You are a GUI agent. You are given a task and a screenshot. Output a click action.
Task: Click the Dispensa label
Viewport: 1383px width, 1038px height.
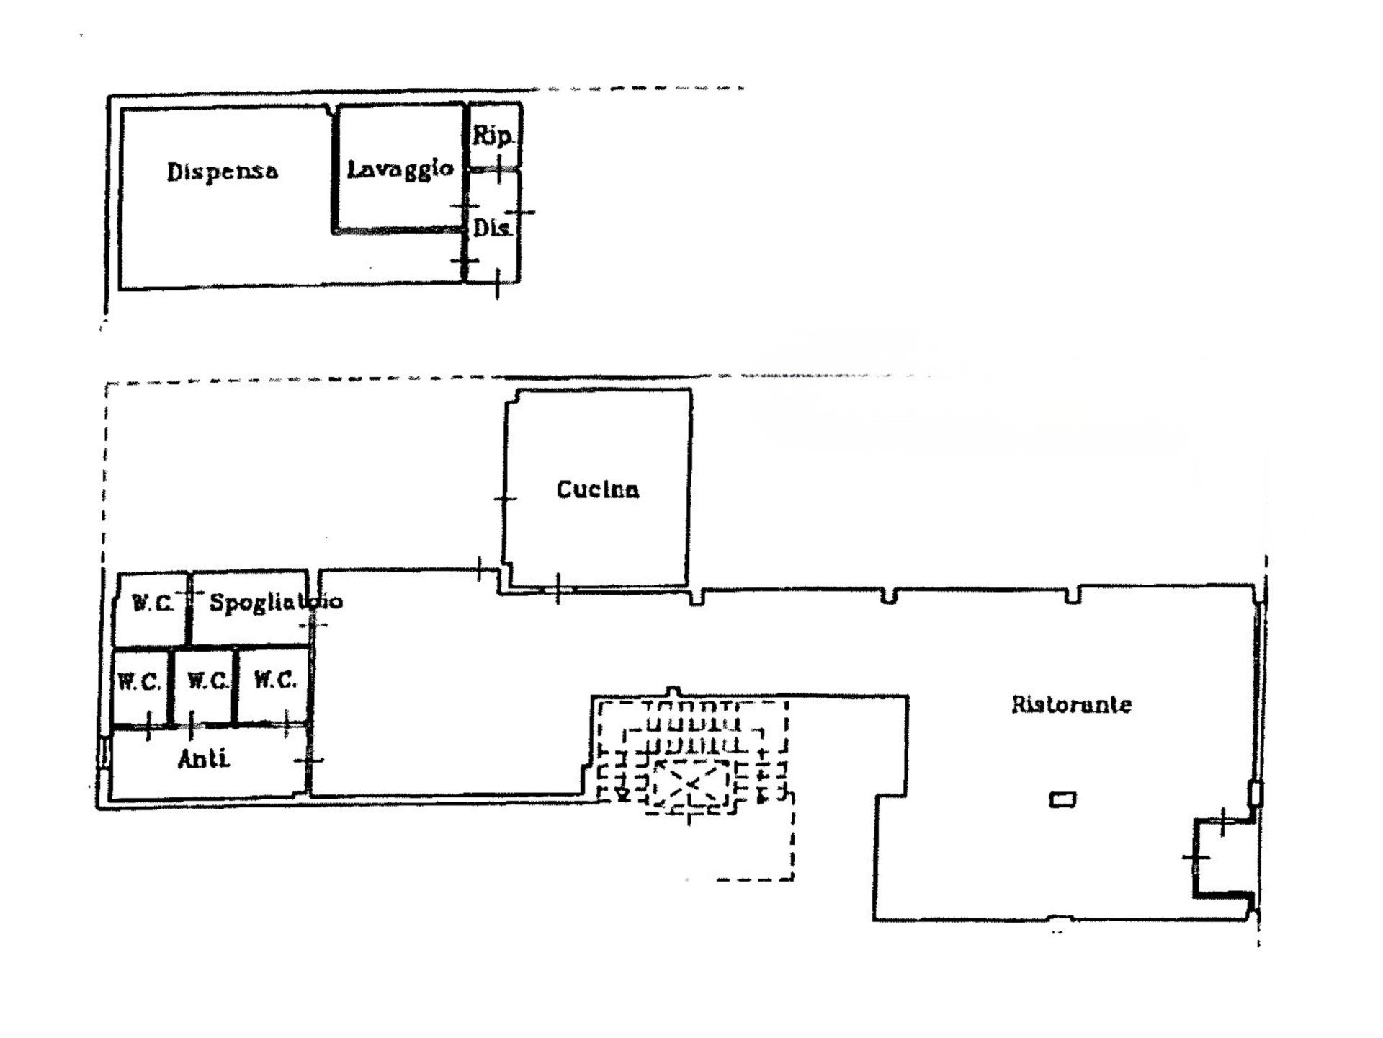223,172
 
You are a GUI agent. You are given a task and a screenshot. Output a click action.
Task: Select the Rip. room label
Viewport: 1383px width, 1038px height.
493,136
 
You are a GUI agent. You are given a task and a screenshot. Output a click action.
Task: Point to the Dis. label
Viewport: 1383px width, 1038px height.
493,229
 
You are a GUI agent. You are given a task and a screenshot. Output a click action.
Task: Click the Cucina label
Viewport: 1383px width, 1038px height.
598,490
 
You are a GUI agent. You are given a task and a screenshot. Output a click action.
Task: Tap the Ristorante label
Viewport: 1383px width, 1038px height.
1072,704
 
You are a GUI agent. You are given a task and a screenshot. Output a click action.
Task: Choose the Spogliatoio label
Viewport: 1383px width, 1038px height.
276,602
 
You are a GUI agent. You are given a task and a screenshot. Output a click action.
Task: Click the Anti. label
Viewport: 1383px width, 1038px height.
204,759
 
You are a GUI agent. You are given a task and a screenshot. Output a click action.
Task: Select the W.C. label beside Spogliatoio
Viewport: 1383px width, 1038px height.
153,603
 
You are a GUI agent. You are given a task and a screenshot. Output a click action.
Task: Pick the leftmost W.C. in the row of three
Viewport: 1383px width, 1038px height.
139,682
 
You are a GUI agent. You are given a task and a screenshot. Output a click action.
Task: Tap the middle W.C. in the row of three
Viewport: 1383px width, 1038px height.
207,680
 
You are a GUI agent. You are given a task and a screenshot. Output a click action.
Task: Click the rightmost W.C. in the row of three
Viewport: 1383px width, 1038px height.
275,680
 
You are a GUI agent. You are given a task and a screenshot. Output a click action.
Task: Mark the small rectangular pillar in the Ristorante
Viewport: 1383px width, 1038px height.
1062,799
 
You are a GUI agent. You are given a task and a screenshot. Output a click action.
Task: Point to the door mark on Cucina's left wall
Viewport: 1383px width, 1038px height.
505,499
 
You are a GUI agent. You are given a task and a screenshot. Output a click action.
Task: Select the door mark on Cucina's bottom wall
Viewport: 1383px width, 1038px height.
558,588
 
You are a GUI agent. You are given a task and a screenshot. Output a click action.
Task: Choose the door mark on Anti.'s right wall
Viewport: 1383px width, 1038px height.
310,760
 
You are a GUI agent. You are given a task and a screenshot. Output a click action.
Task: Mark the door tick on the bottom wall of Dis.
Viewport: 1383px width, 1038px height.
498,283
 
